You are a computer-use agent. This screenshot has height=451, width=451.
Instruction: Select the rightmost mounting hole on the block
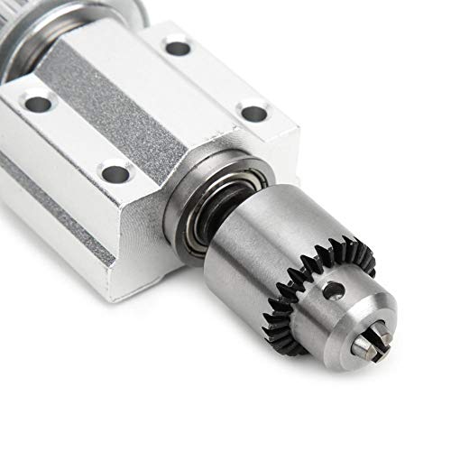tap(254, 113)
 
